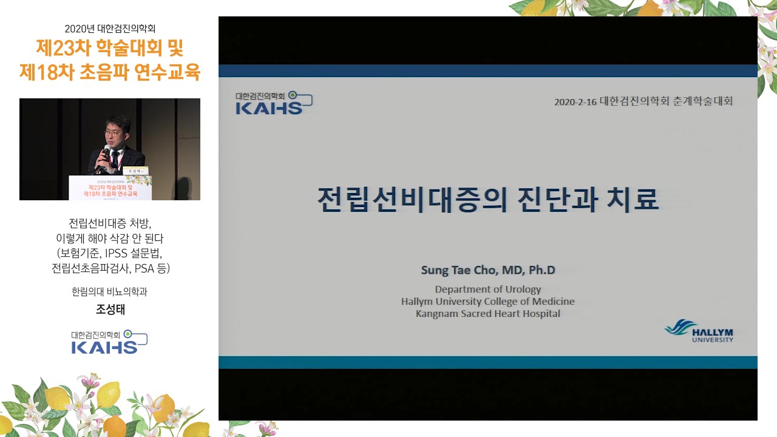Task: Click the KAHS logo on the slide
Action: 274,103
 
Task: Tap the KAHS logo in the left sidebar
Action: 110,342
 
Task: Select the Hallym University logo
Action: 699,331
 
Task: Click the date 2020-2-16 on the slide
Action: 575,102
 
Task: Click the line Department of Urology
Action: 487,290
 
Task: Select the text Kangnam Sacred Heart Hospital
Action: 487,314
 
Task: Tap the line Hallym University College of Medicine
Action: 487,302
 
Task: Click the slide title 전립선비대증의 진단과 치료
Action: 487,200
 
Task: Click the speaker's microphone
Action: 105,154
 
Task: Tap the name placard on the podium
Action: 135,171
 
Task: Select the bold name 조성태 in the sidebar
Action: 110,310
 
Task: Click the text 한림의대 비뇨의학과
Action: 110,292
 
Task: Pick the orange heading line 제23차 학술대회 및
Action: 110,48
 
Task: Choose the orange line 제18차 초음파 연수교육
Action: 110,72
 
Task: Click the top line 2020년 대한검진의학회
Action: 110,29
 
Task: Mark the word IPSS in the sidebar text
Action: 116,253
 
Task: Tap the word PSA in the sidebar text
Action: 144,268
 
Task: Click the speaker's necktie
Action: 115,158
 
